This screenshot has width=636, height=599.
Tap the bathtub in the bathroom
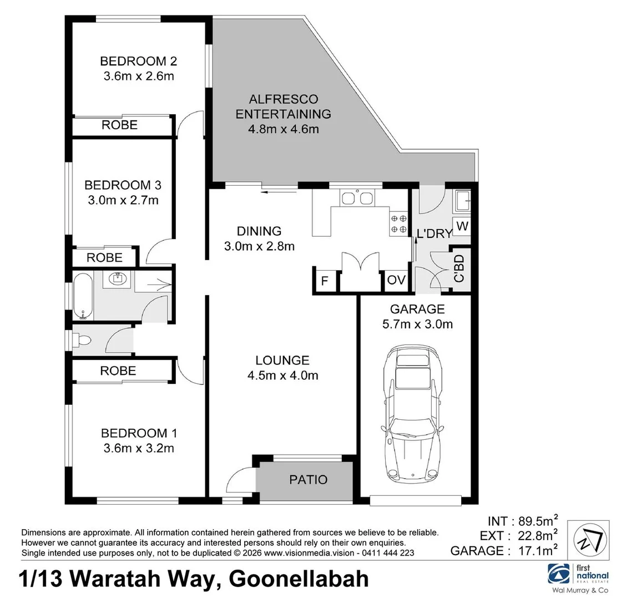click(x=83, y=296)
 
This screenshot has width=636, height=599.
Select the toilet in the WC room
click(x=82, y=339)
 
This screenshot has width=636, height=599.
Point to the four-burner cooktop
click(x=398, y=224)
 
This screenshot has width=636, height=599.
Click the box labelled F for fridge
click(x=325, y=281)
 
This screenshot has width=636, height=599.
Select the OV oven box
click(x=396, y=281)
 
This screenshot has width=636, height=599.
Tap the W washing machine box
click(x=462, y=227)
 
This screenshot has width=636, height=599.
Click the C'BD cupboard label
click(x=459, y=268)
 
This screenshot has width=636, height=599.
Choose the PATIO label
click(x=308, y=479)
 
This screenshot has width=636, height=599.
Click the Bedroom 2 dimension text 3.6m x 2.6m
click(x=138, y=76)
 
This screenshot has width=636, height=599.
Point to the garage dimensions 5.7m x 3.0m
click(x=417, y=324)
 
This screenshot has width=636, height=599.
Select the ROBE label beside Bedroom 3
click(x=105, y=257)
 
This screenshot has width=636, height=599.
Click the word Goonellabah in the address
click(x=299, y=579)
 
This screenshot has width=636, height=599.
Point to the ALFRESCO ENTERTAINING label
click(x=283, y=107)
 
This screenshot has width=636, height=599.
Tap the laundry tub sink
click(x=462, y=201)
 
